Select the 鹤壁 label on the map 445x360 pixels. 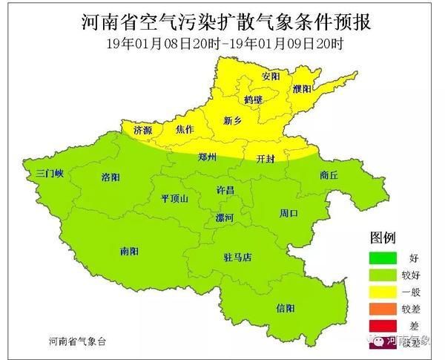point(253,99)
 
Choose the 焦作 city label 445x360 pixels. point(185,129)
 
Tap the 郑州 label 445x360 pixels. point(208,157)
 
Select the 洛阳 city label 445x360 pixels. point(111,177)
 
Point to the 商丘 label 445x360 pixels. point(329,176)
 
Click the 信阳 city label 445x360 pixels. point(286,307)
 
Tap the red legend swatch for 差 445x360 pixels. point(386,324)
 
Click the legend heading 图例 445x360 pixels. point(382,238)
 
